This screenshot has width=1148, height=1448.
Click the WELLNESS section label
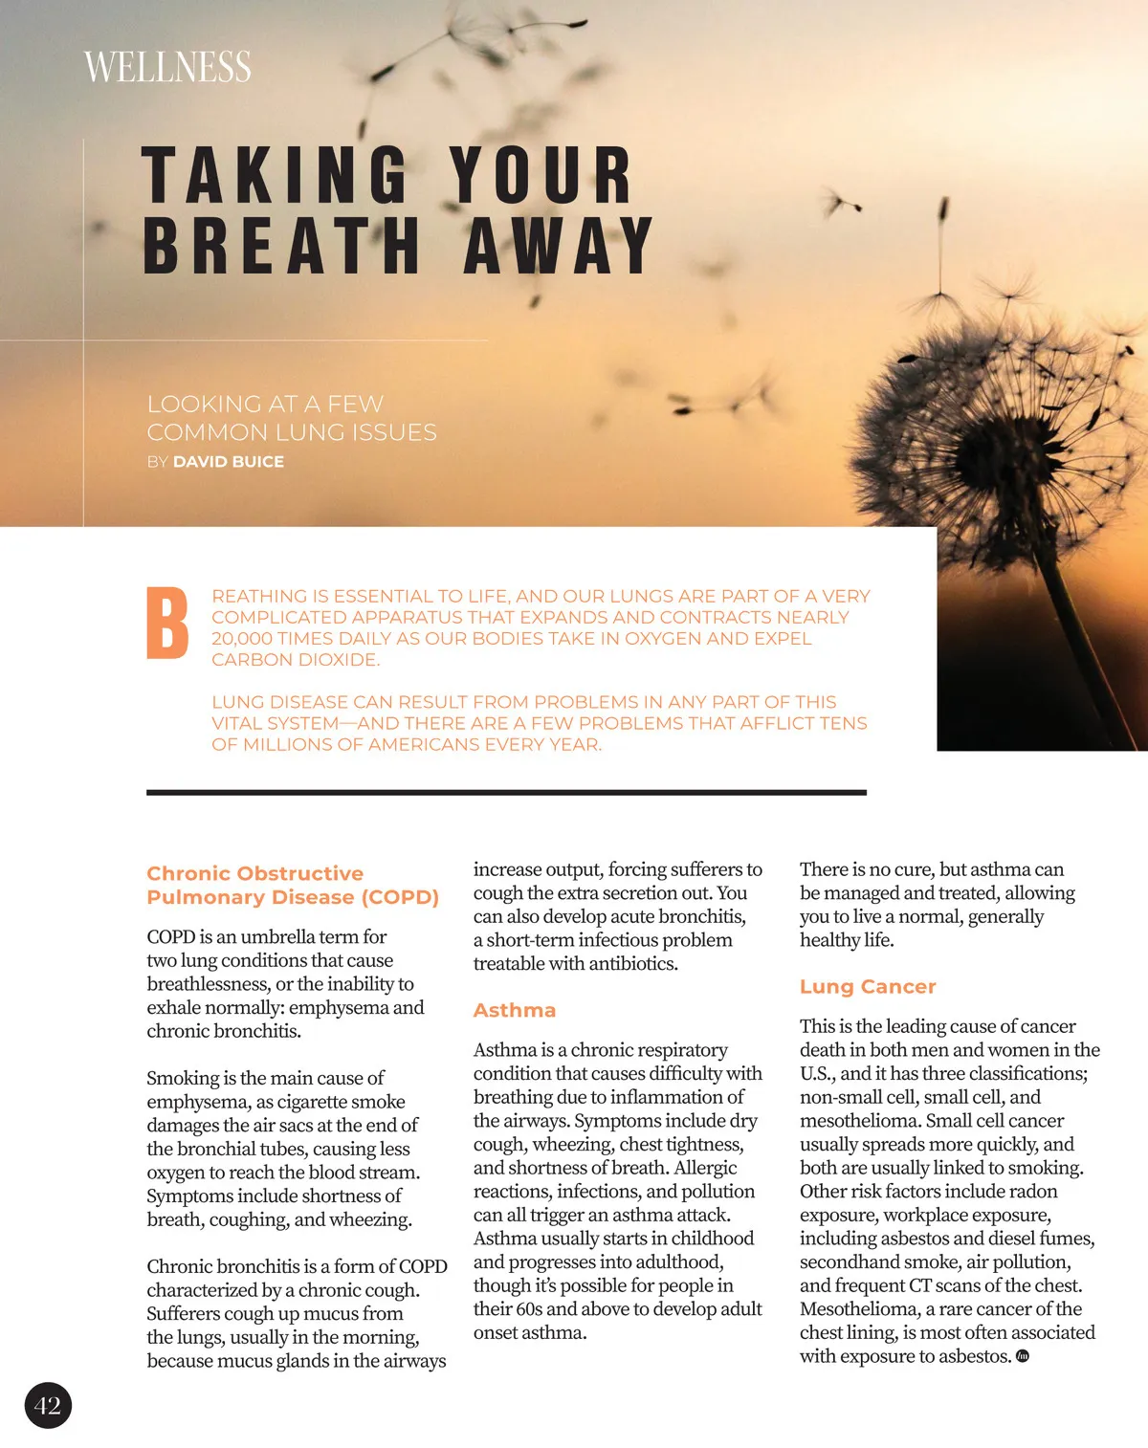(167, 67)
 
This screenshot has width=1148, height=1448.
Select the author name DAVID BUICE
(229, 461)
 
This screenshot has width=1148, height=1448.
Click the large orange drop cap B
(167, 624)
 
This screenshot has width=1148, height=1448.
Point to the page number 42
(48, 1405)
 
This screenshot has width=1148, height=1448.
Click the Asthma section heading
(515, 1010)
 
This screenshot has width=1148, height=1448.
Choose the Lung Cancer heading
(868, 986)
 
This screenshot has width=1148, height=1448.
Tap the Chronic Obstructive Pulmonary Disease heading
(293, 885)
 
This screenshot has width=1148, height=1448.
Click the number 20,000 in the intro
(244, 638)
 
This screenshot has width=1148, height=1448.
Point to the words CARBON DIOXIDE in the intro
(295, 659)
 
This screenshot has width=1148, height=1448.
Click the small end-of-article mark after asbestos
(1022, 1356)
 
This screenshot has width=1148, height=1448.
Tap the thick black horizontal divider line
(506, 792)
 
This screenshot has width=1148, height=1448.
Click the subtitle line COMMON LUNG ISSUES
(292, 432)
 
